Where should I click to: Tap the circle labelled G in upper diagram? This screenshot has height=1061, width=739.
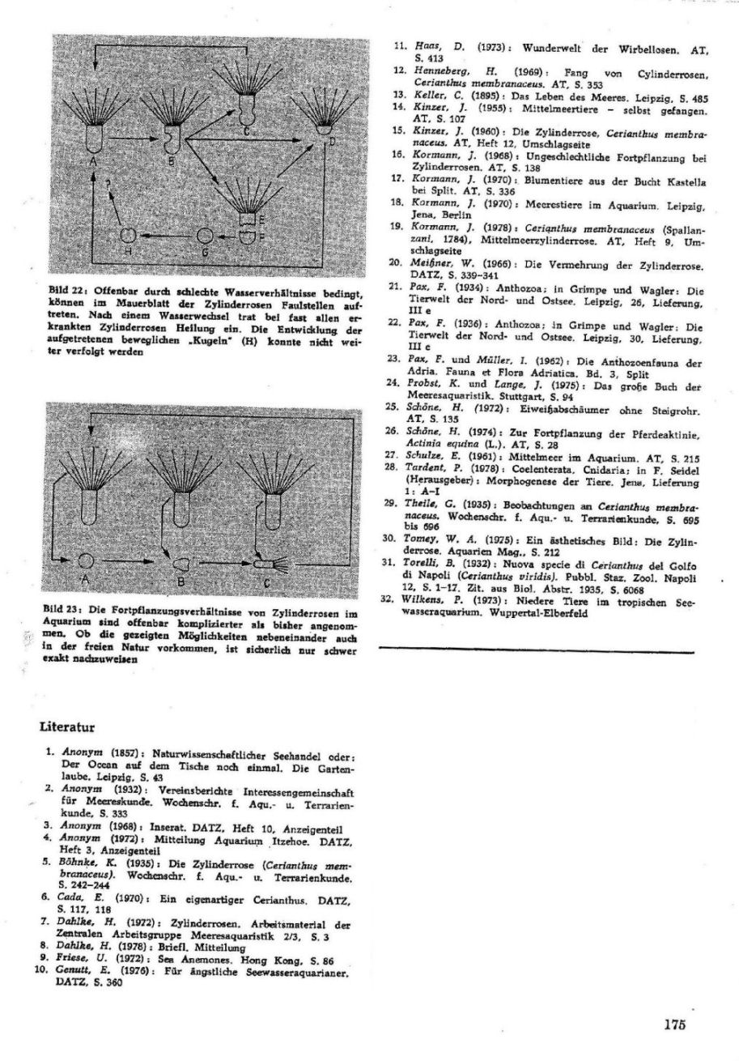(x=206, y=236)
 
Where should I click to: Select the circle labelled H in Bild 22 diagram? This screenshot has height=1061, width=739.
(x=127, y=235)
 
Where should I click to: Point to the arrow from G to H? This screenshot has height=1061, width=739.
(x=166, y=236)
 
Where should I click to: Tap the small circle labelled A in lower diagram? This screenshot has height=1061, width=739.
(x=87, y=560)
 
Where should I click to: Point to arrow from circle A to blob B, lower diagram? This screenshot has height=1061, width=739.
(x=134, y=560)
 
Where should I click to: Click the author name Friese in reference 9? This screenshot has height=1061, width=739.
(x=78, y=957)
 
